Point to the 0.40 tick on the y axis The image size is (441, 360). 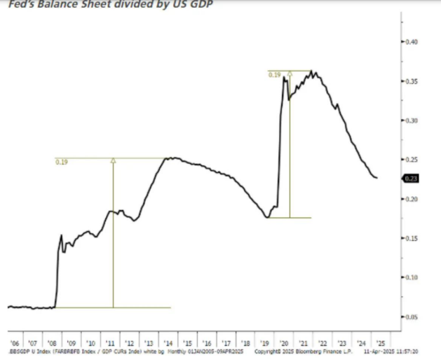413,43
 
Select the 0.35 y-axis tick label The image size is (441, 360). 413,82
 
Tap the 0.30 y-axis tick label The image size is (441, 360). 413,121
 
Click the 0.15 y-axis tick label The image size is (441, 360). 413,239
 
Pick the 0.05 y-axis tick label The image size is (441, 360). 413,317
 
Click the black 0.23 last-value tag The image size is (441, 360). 412,179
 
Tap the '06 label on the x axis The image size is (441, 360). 15,344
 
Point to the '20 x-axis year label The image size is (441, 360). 284,344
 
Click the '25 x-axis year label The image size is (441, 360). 379,344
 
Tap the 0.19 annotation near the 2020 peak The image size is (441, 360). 274,74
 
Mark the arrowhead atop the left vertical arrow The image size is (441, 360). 113,161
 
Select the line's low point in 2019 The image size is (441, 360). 267,218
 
